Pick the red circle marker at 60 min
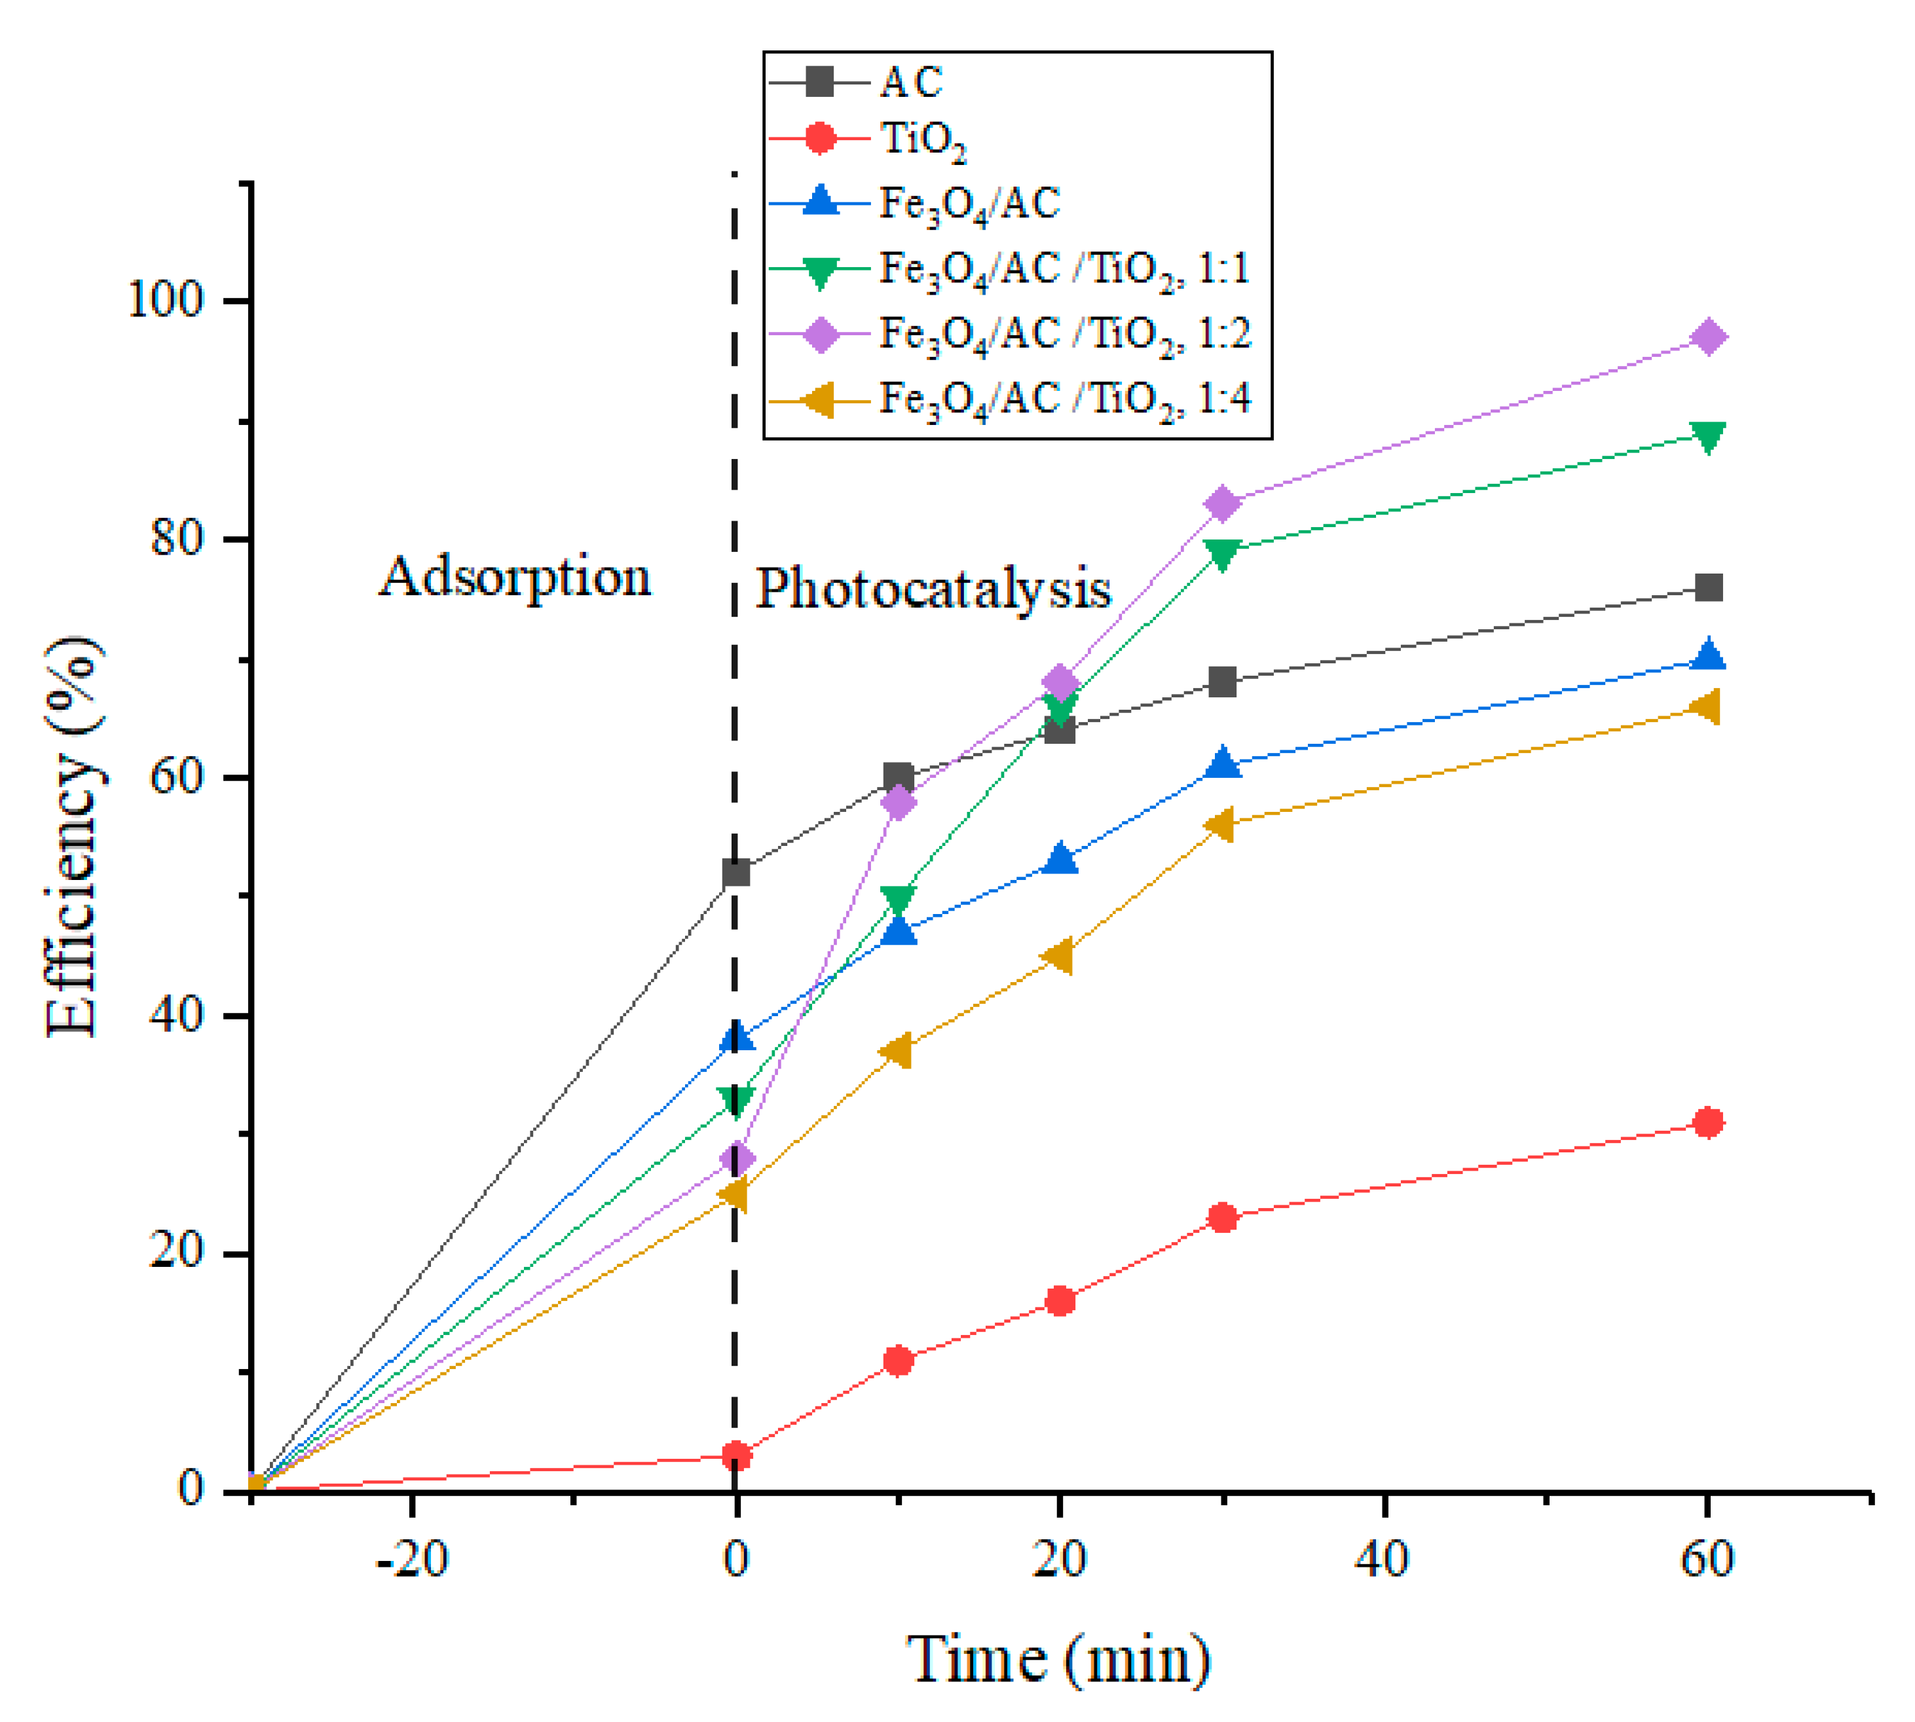[1708, 1122]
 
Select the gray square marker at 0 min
[735, 872]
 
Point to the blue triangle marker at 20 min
[1060, 859]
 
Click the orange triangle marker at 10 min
[897, 1050]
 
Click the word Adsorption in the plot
[515, 577]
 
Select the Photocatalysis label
[932, 589]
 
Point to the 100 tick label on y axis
[166, 301]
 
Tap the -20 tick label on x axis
[411, 1559]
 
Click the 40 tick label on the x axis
[1383, 1559]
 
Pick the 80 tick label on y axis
[178, 540]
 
